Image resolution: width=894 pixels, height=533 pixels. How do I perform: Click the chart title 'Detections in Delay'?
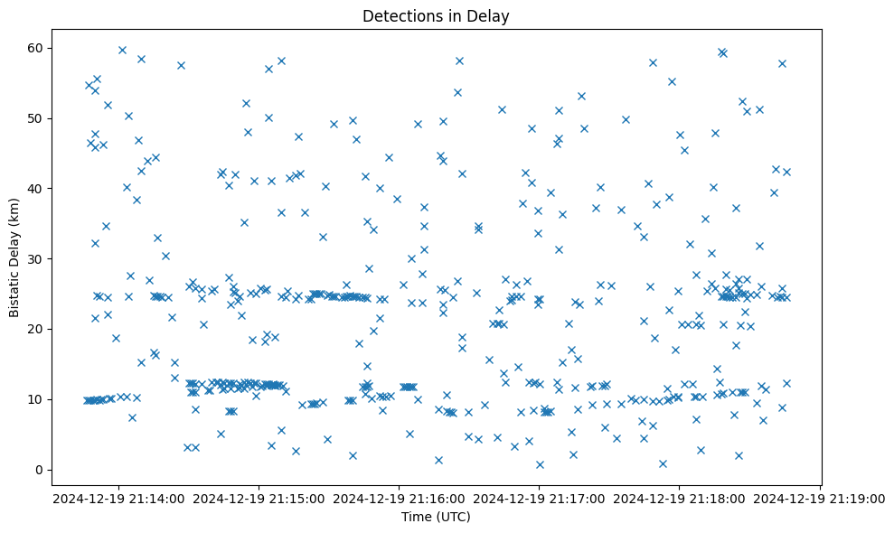pos(436,16)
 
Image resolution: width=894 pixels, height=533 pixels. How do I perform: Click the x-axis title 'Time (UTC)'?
pos(436,517)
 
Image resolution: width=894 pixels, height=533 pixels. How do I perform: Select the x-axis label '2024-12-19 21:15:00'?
pos(259,498)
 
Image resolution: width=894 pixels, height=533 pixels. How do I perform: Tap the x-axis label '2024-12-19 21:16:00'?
pos(400,498)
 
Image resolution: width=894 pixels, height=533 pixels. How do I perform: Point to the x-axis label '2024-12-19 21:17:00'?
pos(540,498)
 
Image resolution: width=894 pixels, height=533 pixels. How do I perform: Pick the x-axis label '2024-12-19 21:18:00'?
pos(680,498)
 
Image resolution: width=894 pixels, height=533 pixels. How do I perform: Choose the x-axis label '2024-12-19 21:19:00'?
pos(820,498)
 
